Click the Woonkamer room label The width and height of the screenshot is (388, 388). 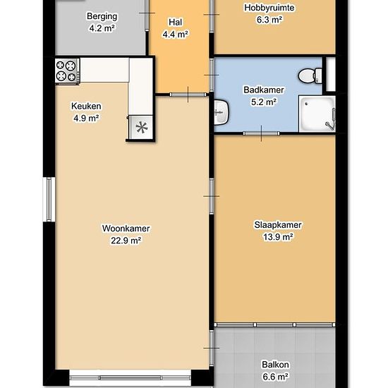[x=126, y=229]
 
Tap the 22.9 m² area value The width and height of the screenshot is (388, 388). [x=126, y=241]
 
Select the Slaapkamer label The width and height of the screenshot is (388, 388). [x=278, y=225]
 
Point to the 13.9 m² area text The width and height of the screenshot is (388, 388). [x=278, y=237]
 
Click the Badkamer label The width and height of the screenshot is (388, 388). [x=264, y=90]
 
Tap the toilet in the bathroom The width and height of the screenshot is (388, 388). [x=310, y=75]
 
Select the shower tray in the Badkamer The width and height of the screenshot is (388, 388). [x=317, y=114]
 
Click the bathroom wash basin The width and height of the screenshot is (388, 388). [x=221, y=112]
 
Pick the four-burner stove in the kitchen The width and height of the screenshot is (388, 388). [x=67, y=71]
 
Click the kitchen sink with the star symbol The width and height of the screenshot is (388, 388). [x=141, y=128]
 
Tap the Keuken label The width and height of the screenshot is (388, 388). [x=86, y=106]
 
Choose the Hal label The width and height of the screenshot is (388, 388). [x=176, y=23]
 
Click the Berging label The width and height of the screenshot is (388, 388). [x=102, y=17]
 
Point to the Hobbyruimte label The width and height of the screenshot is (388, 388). [x=269, y=8]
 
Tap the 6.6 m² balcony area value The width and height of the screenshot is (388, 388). [x=275, y=377]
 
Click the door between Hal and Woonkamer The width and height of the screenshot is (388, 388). [x=188, y=95]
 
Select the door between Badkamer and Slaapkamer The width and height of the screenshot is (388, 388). [x=261, y=133]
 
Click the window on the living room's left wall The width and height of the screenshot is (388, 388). [x=49, y=199]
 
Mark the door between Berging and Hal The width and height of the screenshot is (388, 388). [x=147, y=15]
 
